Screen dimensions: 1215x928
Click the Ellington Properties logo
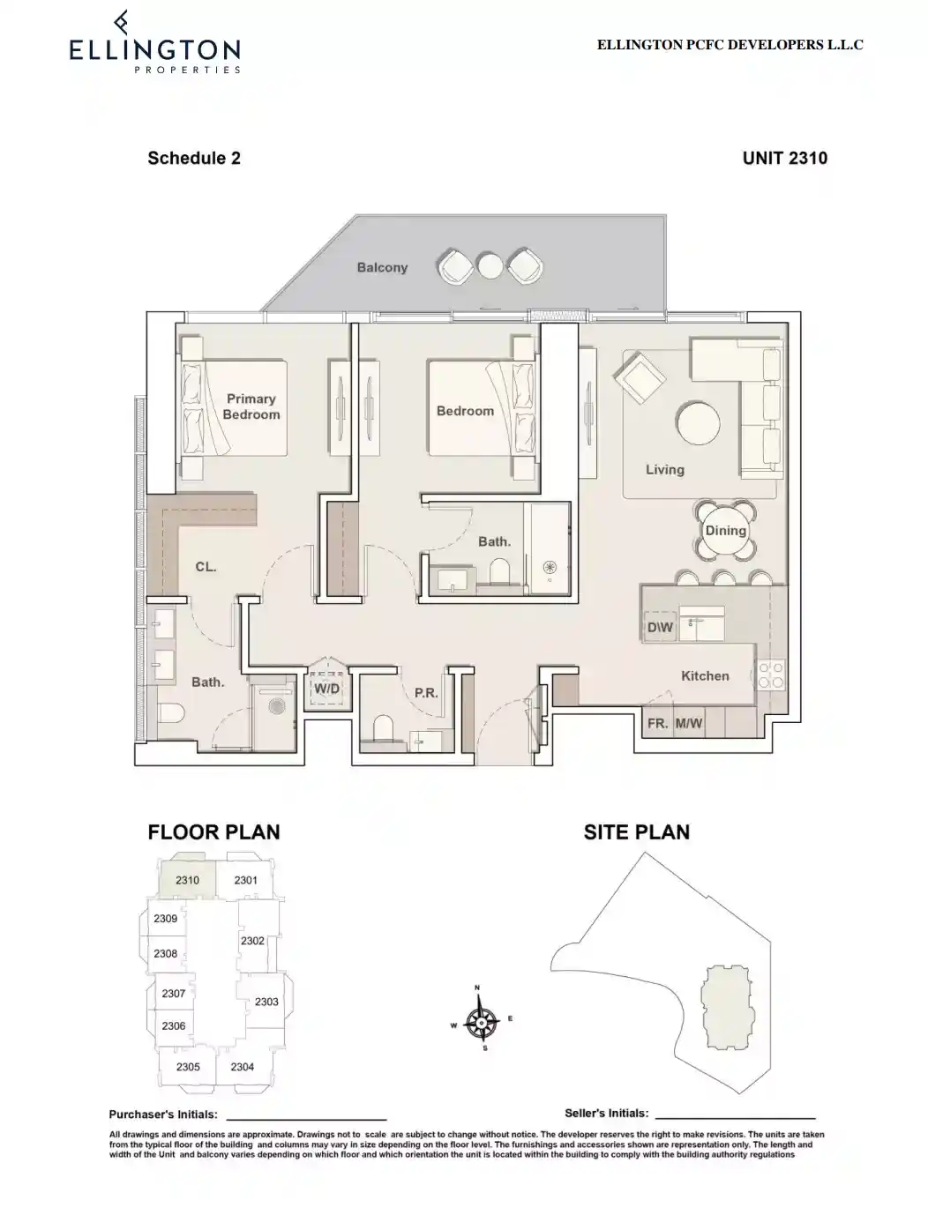tap(154, 44)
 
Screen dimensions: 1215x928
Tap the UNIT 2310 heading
tap(784, 159)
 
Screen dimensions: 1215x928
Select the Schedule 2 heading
tap(194, 159)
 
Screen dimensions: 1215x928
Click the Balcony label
tap(382, 267)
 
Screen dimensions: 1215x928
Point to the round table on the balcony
tap(490, 265)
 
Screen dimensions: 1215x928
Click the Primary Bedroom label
tap(251, 406)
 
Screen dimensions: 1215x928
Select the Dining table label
tap(725, 531)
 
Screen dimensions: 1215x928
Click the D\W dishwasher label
tap(660, 628)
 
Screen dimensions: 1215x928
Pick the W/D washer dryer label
tap(327, 688)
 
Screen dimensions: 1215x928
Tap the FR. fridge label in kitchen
tap(657, 723)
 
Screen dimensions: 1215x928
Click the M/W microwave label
tap(689, 723)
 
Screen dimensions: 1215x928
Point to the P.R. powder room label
tap(426, 693)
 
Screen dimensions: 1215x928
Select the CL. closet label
tap(206, 567)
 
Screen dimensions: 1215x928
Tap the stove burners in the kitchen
tap(771, 675)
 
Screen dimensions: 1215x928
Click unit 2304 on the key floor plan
tap(243, 1067)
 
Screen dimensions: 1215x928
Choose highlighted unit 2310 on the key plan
tap(187, 880)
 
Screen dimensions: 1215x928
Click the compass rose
tap(481, 1022)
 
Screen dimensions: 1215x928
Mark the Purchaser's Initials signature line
tap(306, 1116)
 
